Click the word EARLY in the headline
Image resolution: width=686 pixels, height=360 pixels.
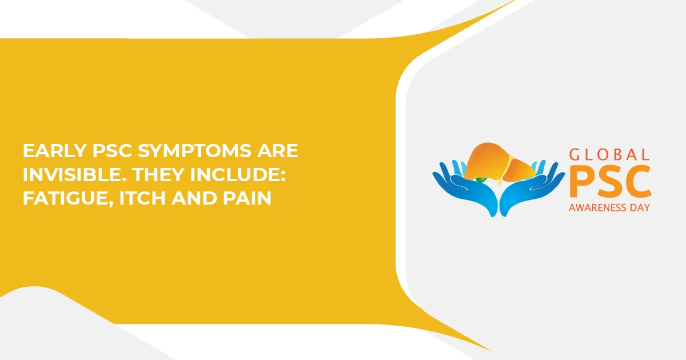[54, 151]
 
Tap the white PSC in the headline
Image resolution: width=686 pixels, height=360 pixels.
[112, 151]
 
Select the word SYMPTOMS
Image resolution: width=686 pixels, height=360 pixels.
[194, 151]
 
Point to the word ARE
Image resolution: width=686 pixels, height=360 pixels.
[277, 151]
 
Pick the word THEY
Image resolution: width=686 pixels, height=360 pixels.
[158, 174]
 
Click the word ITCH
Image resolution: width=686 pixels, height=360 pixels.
[142, 198]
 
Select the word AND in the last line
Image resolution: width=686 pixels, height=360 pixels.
[194, 198]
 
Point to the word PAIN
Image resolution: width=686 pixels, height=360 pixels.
[247, 198]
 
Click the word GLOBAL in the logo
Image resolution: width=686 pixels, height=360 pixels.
[609, 155]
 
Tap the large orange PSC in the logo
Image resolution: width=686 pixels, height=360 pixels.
[610, 181]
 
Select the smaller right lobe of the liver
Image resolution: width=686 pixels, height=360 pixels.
[519, 170]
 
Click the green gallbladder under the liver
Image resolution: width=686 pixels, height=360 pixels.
[481, 179]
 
